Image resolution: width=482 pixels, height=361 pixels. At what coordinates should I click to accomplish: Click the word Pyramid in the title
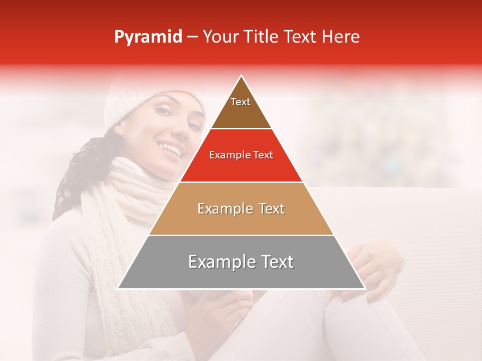point(148,37)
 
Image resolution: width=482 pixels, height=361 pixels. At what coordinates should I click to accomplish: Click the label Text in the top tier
point(240,102)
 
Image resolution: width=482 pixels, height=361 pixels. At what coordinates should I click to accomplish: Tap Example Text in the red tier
point(241,155)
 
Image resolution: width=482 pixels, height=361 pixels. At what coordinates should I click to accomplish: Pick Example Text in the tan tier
point(241,209)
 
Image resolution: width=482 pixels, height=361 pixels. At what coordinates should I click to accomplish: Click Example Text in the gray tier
point(241,262)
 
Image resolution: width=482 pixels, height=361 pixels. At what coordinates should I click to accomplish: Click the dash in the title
point(192,37)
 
